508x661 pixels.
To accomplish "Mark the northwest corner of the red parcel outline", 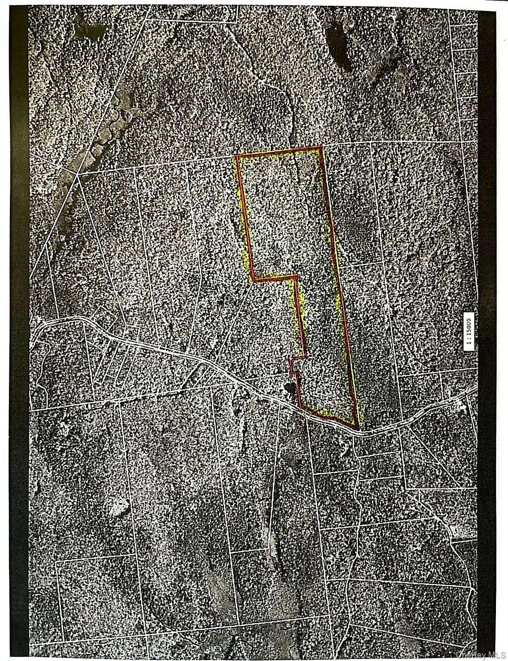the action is pyautogui.click(x=237, y=156).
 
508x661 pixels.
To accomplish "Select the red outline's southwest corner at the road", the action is pyautogui.click(x=300, y=407).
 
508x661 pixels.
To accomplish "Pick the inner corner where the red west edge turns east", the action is pyautogui.click(x=253, y=279).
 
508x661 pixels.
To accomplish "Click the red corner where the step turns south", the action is pyautogui.click(x=297, y=276).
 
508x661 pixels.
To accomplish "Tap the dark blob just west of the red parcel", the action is pyautogui.click(x=288, y=388).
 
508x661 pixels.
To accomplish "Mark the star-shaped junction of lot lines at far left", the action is pyautogui.click(x=77, y=176).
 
